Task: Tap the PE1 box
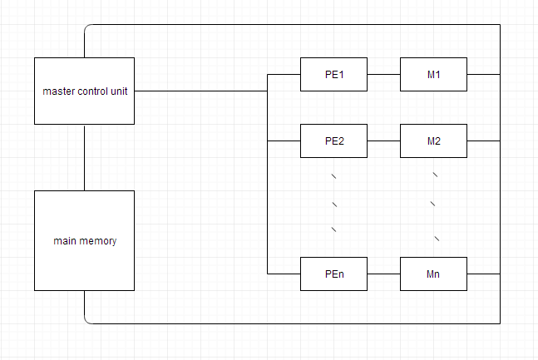click(x=333, y=75)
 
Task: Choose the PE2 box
click(x=333, y=141)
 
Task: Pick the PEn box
click(x=333, y=274)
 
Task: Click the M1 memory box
click(x=433, y=75)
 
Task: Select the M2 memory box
click(x=433, y=141)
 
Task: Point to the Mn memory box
click(x=433, y=274)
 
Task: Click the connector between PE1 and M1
click(x=383, y=75)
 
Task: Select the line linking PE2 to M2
click(x=383, y=141)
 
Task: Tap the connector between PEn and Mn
click(x=383, y=274)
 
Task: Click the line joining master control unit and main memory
click(x=85, y=157)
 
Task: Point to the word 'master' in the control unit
click(x=57, y=91)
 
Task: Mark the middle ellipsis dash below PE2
click(x=333, y=204)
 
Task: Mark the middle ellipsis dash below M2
click(x=433, y=204)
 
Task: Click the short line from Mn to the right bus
click(x=483, y=274)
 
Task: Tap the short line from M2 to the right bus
click(x=483, y=141)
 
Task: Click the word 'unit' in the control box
click(x=118, y=91)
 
